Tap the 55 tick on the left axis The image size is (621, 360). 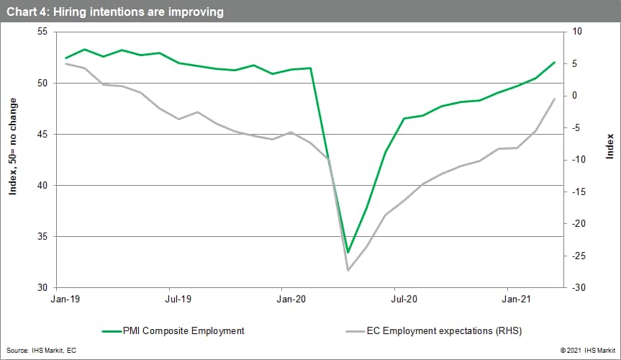pos(41,32)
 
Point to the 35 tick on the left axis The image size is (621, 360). pos(41,237)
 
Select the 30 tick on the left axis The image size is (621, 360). pos(41,288)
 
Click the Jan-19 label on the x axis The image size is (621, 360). pos(65,297)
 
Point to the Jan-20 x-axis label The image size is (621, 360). pos(291,297)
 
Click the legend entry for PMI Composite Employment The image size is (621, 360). pos(173,331)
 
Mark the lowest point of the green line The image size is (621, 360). pos(348,253)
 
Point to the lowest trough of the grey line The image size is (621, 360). pos(348,270)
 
